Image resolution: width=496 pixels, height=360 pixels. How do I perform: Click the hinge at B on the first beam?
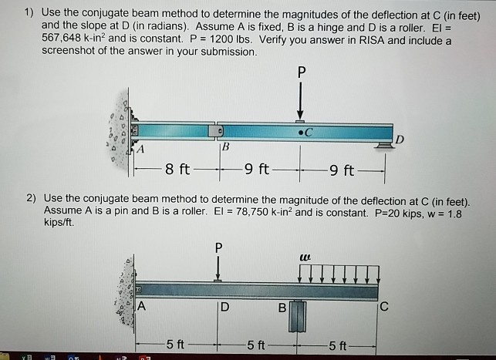pos(219,131)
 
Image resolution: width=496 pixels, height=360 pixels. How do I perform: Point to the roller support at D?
pos(383,144)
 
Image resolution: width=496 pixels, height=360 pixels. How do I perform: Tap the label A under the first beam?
pos(140,148)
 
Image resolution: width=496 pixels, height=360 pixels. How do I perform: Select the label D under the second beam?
pos(224,309)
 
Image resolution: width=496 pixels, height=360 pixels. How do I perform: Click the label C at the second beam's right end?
pos(385,309)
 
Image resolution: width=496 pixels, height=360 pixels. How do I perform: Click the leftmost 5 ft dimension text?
pos(175,344)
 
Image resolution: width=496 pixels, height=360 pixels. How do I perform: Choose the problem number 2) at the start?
pos(32,198)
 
